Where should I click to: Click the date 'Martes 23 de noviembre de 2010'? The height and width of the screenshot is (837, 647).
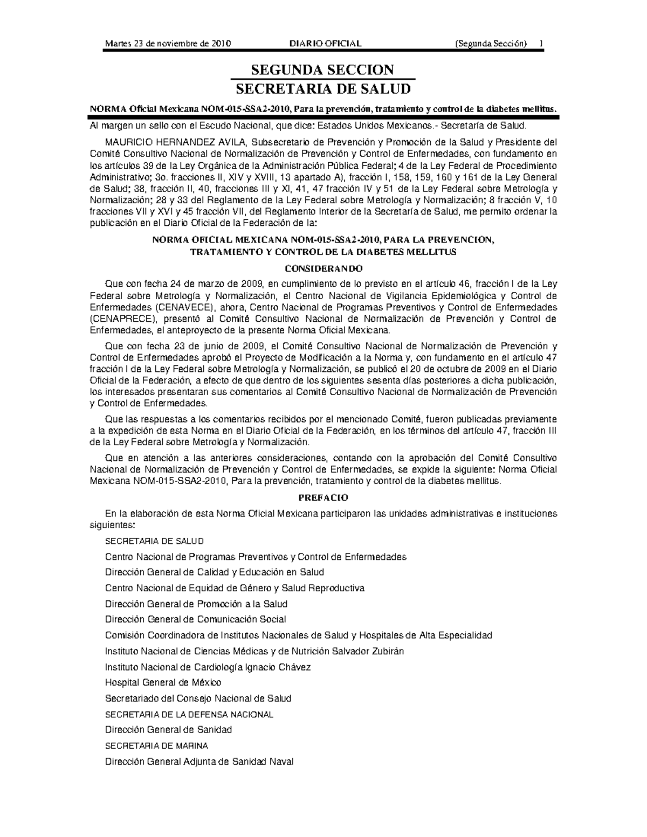168,44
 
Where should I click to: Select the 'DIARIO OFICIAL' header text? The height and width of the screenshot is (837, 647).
325,44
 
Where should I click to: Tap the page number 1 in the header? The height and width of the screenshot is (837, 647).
541,44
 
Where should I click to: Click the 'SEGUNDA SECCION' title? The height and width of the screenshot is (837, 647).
323,70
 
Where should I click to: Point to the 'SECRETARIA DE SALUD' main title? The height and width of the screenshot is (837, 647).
323,89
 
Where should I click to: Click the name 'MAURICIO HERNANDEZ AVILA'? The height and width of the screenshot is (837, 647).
176,142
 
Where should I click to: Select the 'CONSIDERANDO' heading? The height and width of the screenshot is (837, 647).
323,268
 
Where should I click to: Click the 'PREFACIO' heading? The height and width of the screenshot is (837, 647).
323,497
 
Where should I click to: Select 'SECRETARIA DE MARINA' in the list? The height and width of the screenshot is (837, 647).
156,746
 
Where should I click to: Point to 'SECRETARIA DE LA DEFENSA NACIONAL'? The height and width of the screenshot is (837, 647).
189,715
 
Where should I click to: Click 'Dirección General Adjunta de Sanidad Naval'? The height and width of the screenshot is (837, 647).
199,762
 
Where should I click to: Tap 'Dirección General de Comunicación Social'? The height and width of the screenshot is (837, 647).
195,619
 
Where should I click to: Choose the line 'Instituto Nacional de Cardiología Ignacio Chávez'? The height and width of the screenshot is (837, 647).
208,667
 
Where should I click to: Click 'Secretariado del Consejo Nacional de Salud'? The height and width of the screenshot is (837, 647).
198,698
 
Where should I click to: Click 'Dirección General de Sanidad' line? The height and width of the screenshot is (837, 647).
168,730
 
